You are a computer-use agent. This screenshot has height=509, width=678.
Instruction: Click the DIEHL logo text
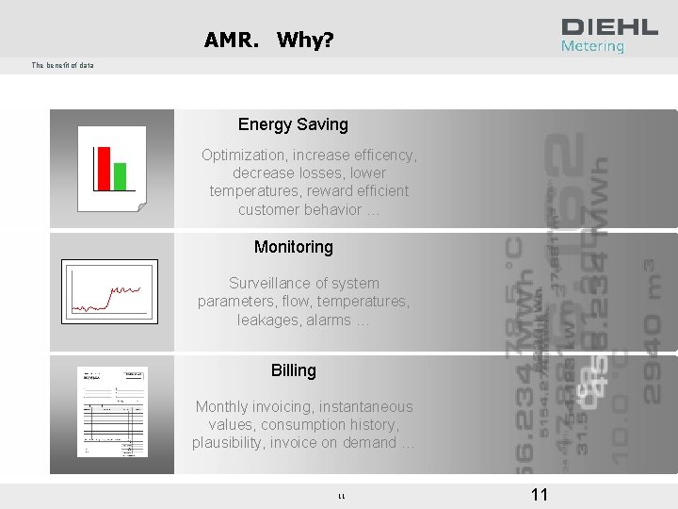coord(609,27)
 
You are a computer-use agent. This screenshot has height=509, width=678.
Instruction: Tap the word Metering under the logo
coord(592,46)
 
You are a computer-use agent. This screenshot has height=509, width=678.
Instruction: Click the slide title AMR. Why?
coord(267,41)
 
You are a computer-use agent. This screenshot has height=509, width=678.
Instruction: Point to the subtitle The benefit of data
coord(62,65)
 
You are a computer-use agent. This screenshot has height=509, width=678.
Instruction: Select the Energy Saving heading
coord(293,124)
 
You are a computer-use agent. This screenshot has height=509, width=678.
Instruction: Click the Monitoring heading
coord(293,247)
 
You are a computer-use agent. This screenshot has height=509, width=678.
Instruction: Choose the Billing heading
coord(293,370)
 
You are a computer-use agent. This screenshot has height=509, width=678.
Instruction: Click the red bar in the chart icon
coord(104,168)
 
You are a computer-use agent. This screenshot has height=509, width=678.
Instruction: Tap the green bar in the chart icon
coord(120,175)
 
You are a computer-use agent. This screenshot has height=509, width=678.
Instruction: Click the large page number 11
coord(540,495)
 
